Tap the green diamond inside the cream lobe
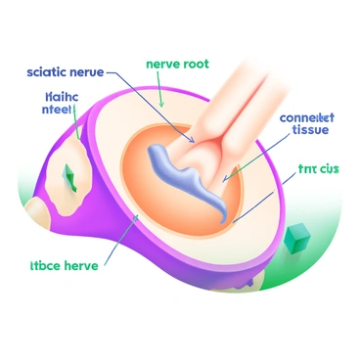coord(68,175)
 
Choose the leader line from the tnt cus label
coord(264,197)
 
